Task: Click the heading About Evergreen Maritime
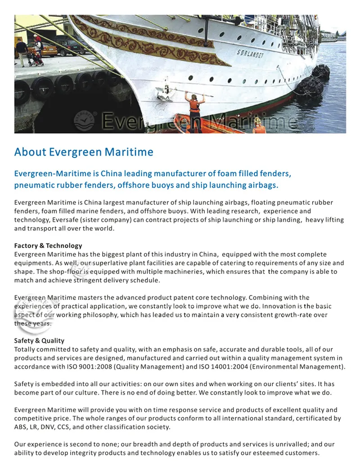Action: (84, 152)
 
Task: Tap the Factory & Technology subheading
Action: (48, 246)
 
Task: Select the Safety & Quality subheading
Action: (39, 340)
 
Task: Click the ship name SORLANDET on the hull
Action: (251, 53)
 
